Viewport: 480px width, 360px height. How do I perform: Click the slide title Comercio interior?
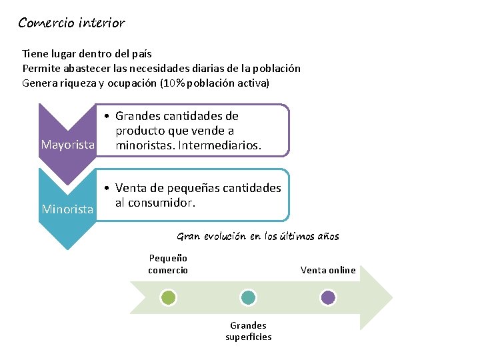point(71,23)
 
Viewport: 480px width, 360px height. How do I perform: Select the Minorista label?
point(67,209)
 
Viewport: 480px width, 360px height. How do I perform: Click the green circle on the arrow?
point(169,297)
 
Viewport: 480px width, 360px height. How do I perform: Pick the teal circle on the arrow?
point(248,297)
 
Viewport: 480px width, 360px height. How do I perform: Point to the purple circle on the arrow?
point(328,297)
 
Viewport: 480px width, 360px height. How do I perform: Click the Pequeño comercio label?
point(168,264)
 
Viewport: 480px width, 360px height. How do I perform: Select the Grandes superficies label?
point(248,331)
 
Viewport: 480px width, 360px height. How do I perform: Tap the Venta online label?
point(328,270)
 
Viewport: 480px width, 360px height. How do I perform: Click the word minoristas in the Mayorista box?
point(143,145)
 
